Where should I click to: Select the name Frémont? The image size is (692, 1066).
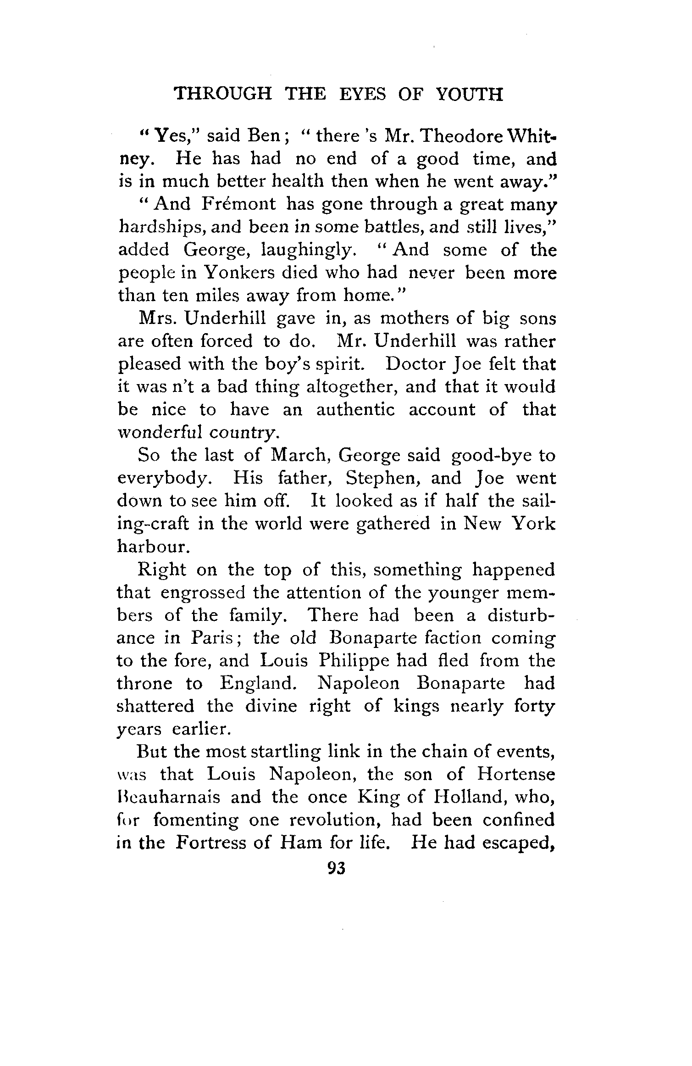pyautogui.click(x=238, y=204)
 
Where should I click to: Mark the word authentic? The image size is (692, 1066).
pyautogui.click(x=355, y=410)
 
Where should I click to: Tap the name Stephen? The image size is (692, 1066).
pyautogui.click(x=384, y=479)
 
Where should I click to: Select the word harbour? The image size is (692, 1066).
pyautogui.click(x=147, y=547)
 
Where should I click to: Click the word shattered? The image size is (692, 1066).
pyautogui.click(x=155, y=706)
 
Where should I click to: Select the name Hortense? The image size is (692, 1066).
pyautogui.click(x=516, y=775)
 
